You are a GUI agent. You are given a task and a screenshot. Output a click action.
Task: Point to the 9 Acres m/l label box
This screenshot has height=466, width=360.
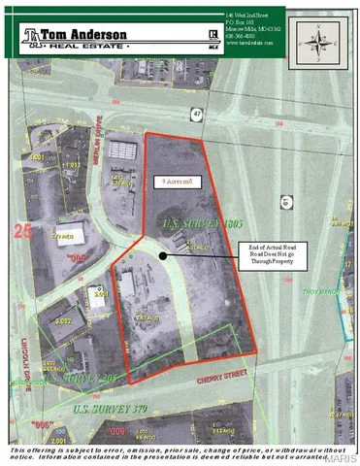180,180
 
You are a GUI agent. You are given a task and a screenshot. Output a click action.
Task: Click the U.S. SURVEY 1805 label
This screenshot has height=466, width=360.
187,224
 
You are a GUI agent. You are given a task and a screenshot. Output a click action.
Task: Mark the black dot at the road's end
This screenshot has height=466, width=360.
162,256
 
